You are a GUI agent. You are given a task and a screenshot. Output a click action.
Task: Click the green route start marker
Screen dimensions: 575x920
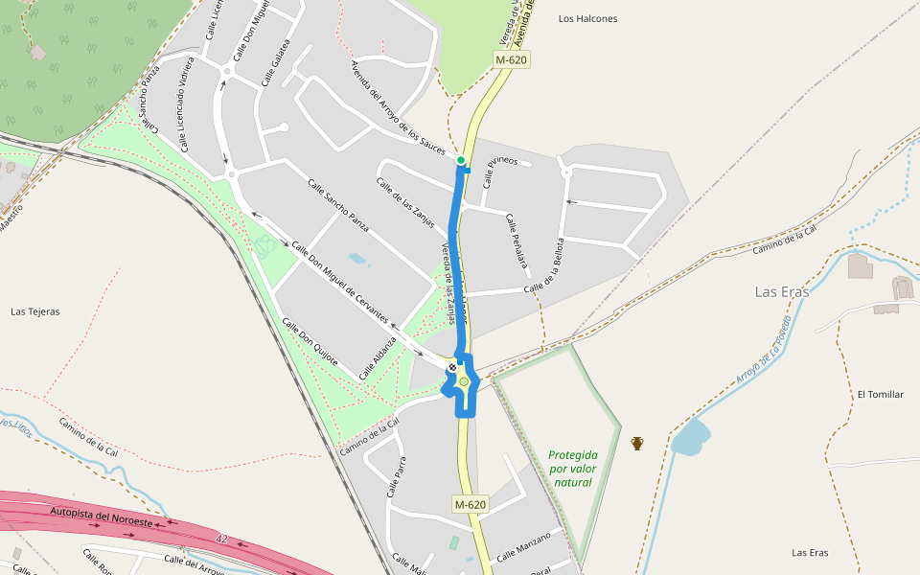(x=461, y=160)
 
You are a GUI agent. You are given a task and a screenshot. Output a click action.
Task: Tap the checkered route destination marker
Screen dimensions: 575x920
(x=452, y=367)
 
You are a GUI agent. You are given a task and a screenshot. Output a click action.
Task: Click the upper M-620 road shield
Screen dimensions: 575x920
(x=512, y=59)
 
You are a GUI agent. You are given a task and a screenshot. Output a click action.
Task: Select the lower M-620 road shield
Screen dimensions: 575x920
(x=471, y=504)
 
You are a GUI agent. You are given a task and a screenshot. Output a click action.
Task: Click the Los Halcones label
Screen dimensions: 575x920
(x=587, y=18)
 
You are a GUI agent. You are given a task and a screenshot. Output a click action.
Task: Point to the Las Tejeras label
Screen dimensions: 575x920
(x=35, y=311)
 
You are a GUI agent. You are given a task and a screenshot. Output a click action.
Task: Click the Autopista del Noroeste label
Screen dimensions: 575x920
(x=101, y=517)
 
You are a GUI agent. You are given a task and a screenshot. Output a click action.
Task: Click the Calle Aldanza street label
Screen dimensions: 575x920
(x=378, y=356)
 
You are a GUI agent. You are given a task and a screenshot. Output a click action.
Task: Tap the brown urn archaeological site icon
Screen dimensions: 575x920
(x=637, y=443)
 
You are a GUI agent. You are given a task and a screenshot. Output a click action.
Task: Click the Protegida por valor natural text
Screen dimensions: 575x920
(x=572, y=469)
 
